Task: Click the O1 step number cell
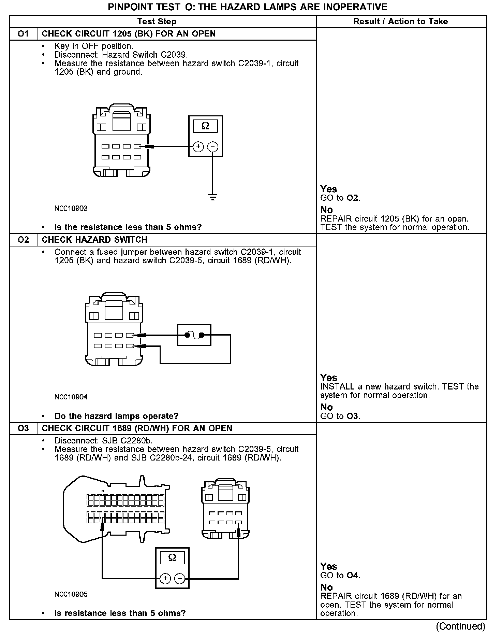coord(23,34)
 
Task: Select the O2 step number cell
coord(23,240)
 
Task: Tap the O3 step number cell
coord(23,428)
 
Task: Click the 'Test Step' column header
coord(157,22)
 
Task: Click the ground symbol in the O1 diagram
coord(212,197)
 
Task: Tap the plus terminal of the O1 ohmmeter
coord(198,147)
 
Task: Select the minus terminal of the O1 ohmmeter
coord(212,147)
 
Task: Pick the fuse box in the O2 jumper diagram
coord(194,335)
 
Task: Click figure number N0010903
coord(71,208)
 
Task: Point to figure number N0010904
coord(71,397)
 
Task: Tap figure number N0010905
coord(71,594)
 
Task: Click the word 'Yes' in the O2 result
coord(329,378)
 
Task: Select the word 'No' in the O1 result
coord(327,210)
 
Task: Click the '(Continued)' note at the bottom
coord(460,626)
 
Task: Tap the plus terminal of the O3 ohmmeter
coord(165,578)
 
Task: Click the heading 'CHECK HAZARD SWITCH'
coord(94,240)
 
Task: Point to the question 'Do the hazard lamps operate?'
coord(116,416)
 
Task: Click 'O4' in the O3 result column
coord(353,575)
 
